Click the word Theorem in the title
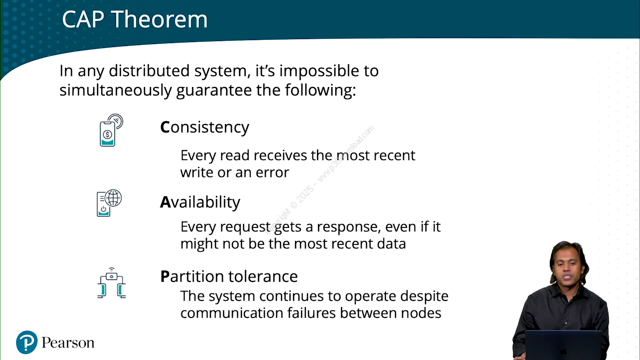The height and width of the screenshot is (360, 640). point(160,19)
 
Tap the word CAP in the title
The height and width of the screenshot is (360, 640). point(83,19)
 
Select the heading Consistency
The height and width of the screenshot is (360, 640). point(204,127)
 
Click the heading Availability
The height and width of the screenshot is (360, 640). point(200,202)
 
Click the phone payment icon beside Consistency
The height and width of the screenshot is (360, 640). point(111,130)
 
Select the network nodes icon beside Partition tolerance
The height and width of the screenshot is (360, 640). point(111,283)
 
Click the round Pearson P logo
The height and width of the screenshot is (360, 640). point(27,342)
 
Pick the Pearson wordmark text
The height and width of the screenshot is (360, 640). point(68,342)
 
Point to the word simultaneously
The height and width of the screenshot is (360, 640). point(115,90)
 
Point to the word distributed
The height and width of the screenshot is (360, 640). point(149,70)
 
